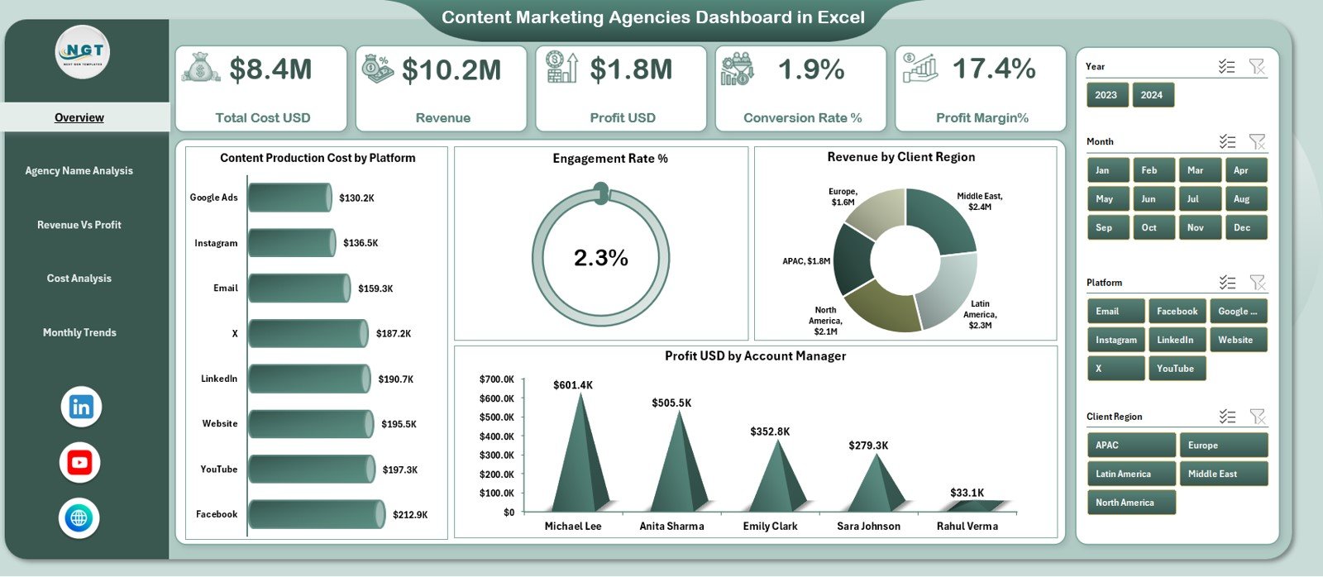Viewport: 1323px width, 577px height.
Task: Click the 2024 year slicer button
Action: (1152, 95)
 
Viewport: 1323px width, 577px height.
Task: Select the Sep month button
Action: (1107, 227)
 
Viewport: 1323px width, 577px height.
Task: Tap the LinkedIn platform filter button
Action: (1176, 340)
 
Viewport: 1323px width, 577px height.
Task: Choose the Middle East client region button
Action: (1222, 474)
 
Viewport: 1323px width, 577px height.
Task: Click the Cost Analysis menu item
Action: (79, 279)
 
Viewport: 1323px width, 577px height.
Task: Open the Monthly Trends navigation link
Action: (79, 332)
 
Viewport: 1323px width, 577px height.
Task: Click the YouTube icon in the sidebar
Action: (80, 463)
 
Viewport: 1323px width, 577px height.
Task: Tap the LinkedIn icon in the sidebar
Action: (81, 407)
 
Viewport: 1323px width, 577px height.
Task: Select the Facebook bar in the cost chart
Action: (317, 514)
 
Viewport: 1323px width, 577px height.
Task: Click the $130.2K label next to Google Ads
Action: (356, 198)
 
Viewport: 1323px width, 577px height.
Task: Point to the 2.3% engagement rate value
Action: (601, 258)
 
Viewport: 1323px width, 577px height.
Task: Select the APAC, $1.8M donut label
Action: (806, 261)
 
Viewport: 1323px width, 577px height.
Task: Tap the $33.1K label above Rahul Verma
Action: (967, 493)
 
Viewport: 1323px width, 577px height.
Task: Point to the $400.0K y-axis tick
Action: (496, 436)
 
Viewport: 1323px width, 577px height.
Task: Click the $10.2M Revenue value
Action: (451, 70)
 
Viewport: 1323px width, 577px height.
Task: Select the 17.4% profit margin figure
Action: (994, 69)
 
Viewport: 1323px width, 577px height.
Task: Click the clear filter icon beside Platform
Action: (1257, 283)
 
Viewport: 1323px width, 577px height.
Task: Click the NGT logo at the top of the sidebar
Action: (83, 51)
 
